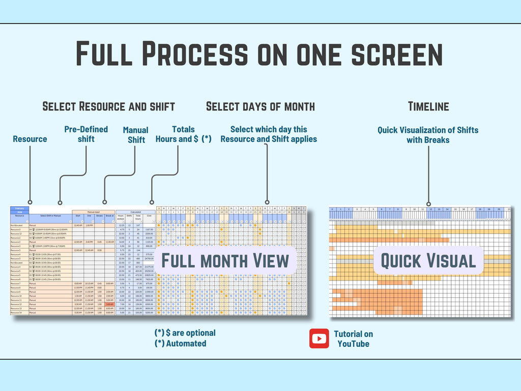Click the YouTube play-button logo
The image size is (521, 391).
pyautogui.click(x=319, y=339)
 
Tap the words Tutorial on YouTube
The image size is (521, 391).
pyautogui.click(x=353, y=339)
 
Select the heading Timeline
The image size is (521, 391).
pyautogui.click(x=428, y=106)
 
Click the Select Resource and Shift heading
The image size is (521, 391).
pyautogui.click(x=108, y=106)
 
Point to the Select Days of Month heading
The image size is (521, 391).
pyautogui.click(x=260, y=106)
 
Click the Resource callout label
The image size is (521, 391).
pyautogui.click(x=30, y=139)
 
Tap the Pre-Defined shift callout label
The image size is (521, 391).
pyautogui.click(x=86, y=134)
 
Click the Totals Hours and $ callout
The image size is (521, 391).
pyautogui.click(x=183, y=134)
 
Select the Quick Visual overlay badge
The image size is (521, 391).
pyautogui.click(x=428, y=261)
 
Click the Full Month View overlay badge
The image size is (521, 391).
pyautogui.click(x=225, y=260)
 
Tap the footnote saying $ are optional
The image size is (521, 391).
pyautogui.click(x=185, y=333)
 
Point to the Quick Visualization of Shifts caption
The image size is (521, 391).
pyautogui.click(x=428, y=134)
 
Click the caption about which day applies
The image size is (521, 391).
pyautogui.click(x=269, y=134)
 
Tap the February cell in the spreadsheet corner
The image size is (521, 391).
pyautogui.click(x=20, y=208)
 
